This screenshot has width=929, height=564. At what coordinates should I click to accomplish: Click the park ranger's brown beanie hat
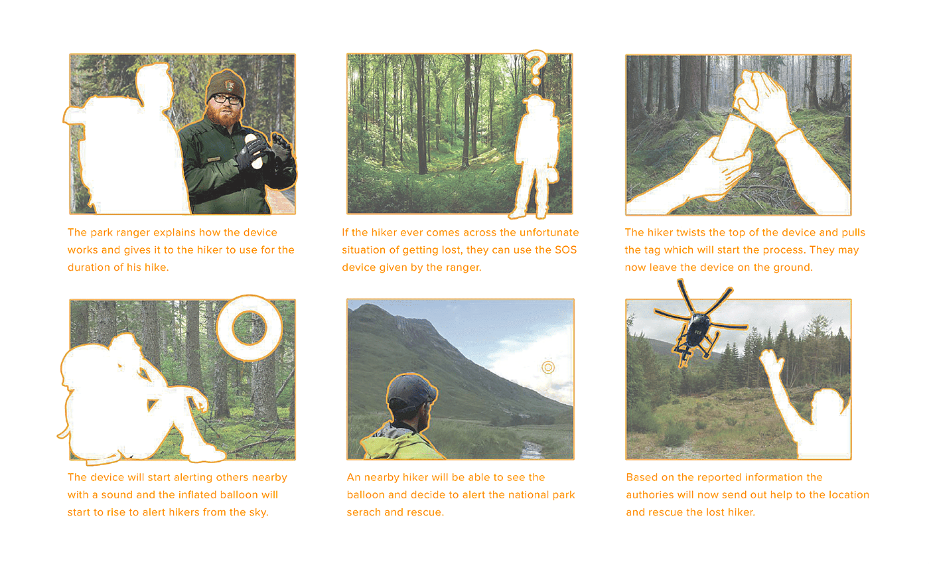[226, 86]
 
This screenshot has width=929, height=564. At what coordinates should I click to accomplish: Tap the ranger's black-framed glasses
[226, 99]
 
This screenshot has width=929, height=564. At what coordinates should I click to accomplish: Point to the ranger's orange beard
[224, 114]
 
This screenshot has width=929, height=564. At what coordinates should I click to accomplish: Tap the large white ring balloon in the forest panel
[250, 328]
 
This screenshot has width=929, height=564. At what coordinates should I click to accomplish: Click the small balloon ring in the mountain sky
[548, 367]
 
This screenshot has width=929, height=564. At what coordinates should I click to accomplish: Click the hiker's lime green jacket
[400, 445]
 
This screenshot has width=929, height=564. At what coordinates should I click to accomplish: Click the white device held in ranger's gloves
[253, 151]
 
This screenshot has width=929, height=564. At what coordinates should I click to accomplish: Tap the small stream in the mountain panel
[532, 451]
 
